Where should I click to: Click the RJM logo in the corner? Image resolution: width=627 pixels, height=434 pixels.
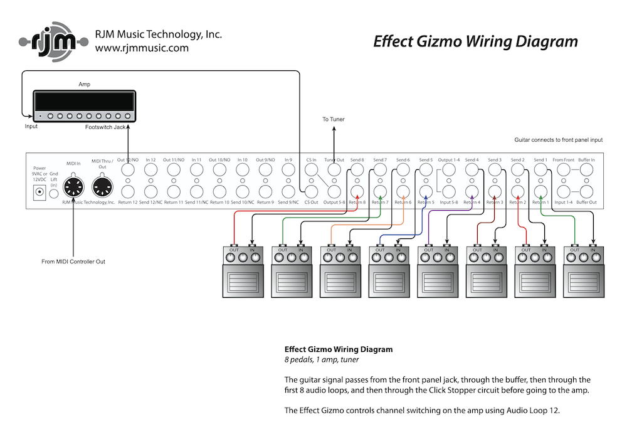click(x=50, y=41)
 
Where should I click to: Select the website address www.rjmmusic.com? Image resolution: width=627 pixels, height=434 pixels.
click(x=142, y=47)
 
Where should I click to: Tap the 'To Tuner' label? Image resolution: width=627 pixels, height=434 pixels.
click(x=334, y=119)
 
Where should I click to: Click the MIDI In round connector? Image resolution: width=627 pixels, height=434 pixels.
click(x=74, y=186)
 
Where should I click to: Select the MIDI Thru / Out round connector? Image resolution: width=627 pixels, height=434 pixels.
click(x=101, y=186)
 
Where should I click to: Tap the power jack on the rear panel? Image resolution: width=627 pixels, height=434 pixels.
click(x=40, y=193)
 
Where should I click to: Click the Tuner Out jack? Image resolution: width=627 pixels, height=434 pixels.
click(x=334, y=169)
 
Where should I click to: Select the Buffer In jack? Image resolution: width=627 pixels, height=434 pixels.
click(x=586, y=169)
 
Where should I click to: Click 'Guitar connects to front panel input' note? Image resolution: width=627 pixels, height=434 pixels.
click(x=559, y=140)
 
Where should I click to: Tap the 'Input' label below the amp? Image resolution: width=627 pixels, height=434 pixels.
click(x=31, y=126)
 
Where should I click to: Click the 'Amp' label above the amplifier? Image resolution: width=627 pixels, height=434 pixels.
click(x=84, y=83)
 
